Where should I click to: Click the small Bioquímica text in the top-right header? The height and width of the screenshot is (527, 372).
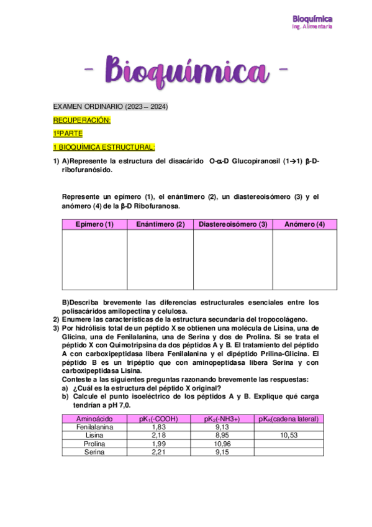312,19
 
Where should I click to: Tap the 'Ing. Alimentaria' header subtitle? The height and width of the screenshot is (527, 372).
312,27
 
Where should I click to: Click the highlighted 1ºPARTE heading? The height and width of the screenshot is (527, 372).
68,134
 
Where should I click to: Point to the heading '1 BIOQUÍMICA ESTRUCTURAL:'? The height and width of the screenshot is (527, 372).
104,147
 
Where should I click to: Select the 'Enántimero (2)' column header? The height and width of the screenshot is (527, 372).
160,224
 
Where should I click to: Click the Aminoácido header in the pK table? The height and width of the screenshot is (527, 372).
95,419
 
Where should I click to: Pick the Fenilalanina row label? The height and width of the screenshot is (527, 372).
95,428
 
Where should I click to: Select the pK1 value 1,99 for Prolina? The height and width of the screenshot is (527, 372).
158,444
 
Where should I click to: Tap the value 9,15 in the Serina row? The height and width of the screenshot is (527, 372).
224,452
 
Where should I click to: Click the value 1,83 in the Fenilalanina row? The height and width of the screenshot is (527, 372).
158,428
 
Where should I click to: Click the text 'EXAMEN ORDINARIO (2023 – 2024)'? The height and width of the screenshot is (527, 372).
110,107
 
